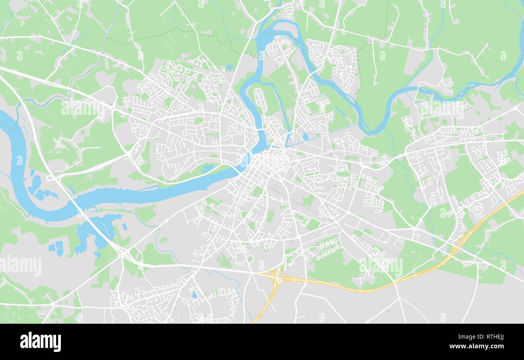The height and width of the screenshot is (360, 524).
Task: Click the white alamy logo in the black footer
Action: point(40,342)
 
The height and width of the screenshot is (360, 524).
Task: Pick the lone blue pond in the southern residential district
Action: point(194,295)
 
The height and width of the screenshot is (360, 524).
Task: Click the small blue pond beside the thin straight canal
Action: point(305,136)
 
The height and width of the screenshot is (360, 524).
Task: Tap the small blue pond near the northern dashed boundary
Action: point(229,68)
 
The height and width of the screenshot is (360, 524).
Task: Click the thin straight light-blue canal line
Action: point(322,134)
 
